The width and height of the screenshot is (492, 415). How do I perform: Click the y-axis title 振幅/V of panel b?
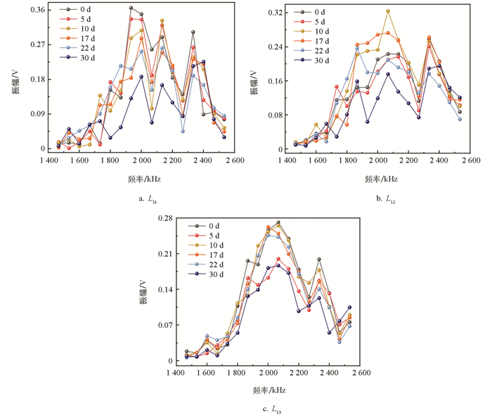(255, 82)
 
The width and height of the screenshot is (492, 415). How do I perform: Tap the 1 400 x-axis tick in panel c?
(179, 373)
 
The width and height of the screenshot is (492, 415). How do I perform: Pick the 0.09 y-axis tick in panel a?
(35, 114)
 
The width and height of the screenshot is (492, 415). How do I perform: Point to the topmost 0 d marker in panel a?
(131, 8)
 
